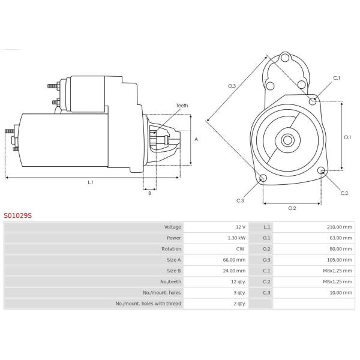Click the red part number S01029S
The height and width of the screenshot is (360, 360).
[17, 215]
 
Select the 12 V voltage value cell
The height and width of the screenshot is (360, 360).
[241, 227]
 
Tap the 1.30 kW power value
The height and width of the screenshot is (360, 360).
[236, 238]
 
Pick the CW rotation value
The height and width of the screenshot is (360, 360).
[240, 249]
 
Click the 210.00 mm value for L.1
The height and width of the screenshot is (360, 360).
[340, 227]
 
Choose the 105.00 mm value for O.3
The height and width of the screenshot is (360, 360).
[340, 260]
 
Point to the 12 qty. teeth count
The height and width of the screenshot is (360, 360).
[238, 282]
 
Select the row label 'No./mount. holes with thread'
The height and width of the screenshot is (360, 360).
[148, 304]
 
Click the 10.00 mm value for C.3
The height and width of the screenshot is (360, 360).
[341, 293]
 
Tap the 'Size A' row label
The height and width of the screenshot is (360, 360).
[174, 260]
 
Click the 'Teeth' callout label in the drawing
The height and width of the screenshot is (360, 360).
[182, 106]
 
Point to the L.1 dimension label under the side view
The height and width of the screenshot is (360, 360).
[91, 182]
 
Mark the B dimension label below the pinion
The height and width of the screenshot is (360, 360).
[149, 193]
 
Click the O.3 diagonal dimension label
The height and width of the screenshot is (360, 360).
[232, 86]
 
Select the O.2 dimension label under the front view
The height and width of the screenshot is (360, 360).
[292, 208]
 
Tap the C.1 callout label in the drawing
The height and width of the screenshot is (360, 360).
[337, 78]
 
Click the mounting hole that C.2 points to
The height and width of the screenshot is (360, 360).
[321, 170]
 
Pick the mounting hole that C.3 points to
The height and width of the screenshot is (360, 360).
[263, 178]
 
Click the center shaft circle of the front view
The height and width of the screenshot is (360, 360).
[287, 140]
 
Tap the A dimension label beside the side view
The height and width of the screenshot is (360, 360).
[196, 139]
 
